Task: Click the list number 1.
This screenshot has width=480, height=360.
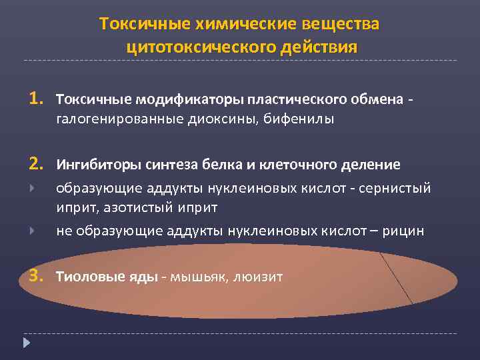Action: click(35, 99)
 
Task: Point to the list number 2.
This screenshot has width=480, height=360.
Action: click(35, 164)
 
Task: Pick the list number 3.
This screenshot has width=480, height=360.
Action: click(35, 275)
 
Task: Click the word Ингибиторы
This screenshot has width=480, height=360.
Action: click(93, 165)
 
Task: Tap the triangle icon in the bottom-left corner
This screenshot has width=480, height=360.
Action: click(27, 344)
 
